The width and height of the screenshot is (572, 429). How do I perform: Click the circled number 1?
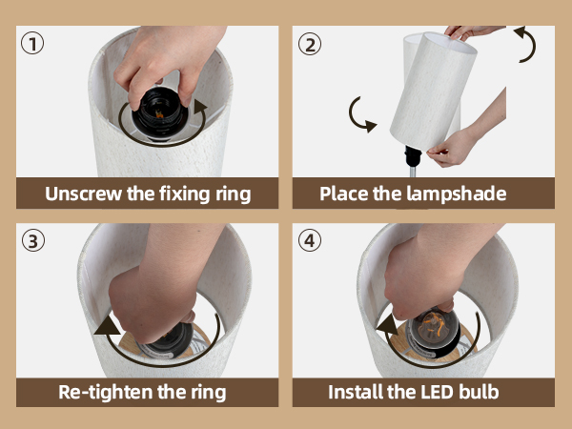pyautogui.click(x=33, y=44)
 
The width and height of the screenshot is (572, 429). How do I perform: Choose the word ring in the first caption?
pyautogui.click(x=230, y=194)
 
